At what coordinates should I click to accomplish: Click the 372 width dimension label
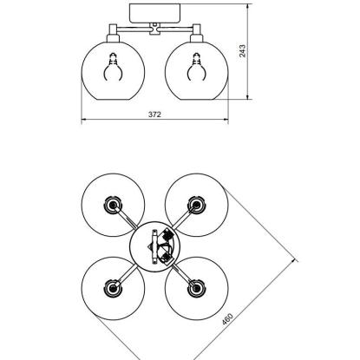tap(154, 115)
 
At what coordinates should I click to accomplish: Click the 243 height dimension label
tap(242, 51)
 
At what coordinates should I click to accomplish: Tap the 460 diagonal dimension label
tap(227, 319)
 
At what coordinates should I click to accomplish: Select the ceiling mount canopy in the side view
tap(154, 13)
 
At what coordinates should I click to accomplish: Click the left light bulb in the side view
tap(113, 68)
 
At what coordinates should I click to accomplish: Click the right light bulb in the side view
tap(197, 68)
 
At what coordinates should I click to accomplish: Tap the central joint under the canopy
tap(154, 29)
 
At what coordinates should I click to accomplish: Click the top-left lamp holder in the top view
tap(113, 205)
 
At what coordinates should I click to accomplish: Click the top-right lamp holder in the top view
tap(197, 205)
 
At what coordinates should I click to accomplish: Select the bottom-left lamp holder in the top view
tap(113, 288)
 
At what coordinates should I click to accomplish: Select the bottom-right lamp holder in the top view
tap(197, 288)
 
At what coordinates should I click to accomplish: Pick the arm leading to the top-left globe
tap(127, 219)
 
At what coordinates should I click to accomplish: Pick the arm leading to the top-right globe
tap(183, 219)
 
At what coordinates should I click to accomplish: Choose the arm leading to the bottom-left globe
tap(126, 276)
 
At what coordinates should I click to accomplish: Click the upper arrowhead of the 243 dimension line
tap(247, 6)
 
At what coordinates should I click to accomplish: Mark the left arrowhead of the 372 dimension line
tap(84, 119)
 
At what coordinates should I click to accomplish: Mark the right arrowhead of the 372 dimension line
tap(225, 119)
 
